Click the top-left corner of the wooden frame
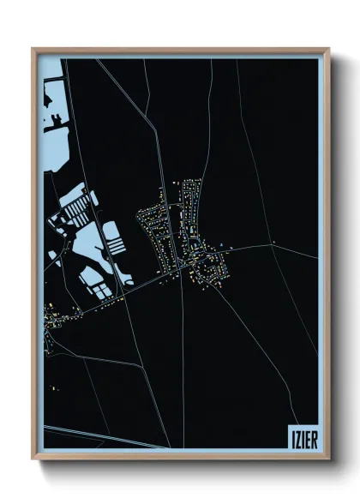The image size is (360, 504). [x=33, y=49]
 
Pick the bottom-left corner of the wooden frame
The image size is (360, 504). [x=33, y=459]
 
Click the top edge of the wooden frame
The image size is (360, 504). [x=180, y=50]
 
